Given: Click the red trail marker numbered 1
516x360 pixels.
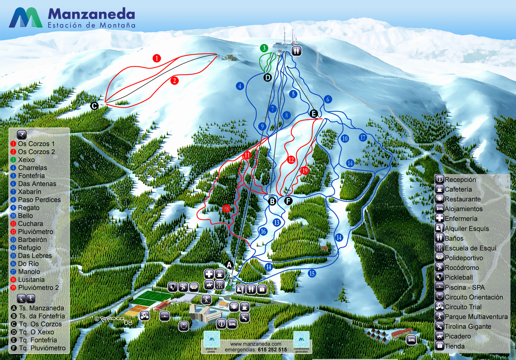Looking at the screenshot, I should (157, 58).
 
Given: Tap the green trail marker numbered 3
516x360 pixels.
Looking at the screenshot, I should (264, 48).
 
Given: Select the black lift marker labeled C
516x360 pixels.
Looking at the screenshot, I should (94, 106).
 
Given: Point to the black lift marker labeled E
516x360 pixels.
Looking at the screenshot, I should (314, 113).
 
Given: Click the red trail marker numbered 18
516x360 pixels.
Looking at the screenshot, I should (226, 209).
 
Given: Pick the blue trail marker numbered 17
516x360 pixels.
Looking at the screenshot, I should (363, 137).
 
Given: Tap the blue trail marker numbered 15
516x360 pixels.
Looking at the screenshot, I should (312, 273).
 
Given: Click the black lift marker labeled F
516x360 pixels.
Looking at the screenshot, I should (288, 201).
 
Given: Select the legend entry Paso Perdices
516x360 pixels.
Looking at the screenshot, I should (39, 200).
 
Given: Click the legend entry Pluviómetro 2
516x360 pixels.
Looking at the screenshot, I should (38, 287).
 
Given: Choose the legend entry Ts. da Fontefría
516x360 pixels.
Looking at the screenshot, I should (42, 316).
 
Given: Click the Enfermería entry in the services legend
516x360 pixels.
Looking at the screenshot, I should (461, 219).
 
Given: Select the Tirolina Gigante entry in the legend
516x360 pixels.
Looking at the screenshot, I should (468, 326).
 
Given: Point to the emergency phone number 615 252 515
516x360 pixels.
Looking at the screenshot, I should (272, 350).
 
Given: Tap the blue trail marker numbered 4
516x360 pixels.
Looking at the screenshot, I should (240, 86).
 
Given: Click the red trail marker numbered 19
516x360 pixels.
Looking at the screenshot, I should (304, 171).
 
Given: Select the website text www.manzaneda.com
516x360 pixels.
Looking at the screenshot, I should (256, 344).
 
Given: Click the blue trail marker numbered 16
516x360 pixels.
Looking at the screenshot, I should (263, 231).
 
